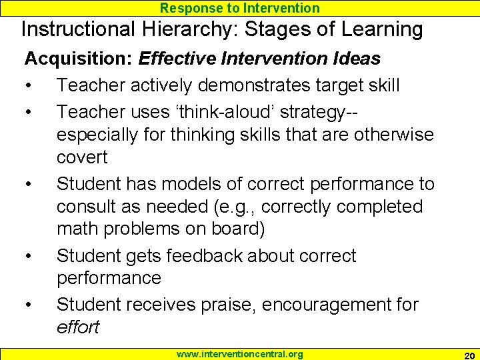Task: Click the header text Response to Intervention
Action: click(240, 8)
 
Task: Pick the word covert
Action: click(82, 157)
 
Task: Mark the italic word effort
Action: click(77, 327)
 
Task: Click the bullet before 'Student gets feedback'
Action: click(29, 256)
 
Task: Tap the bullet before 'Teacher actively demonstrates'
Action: click(29, 85)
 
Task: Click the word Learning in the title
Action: click(383, 30)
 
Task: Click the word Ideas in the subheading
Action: click(357, 59)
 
